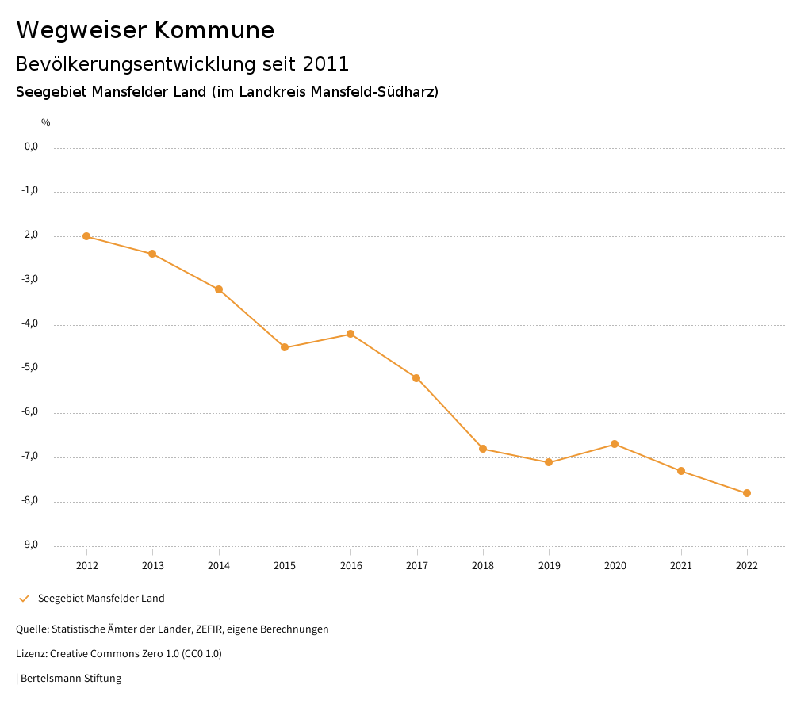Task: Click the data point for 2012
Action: (x=86, y=236)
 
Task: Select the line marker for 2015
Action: (x=285, y=347)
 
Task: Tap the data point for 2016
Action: (x=350, y=334)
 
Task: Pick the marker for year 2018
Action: (x=483, y=449)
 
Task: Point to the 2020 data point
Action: (x=615, y=444)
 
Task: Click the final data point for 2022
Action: (x=747, y=493)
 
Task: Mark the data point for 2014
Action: (x=219, y=289)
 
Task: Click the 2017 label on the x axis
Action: (x=417, y=565)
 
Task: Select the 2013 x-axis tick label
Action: (x=153, y=565)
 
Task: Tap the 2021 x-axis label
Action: (x=681, y=565)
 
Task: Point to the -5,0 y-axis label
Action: (x=30, y=368)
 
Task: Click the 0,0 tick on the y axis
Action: (x=31, y=147)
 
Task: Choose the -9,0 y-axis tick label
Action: (x=30, y=545)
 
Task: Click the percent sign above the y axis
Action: (x=46, y=122)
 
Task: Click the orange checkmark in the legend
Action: (x=24, y=598)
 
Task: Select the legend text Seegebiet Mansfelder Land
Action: (x=101, y=598)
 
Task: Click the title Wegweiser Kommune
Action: (x=145, y=30)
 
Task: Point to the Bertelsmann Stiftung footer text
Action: (x=71, y=678)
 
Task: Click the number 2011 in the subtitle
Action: (x=326, y=63)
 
